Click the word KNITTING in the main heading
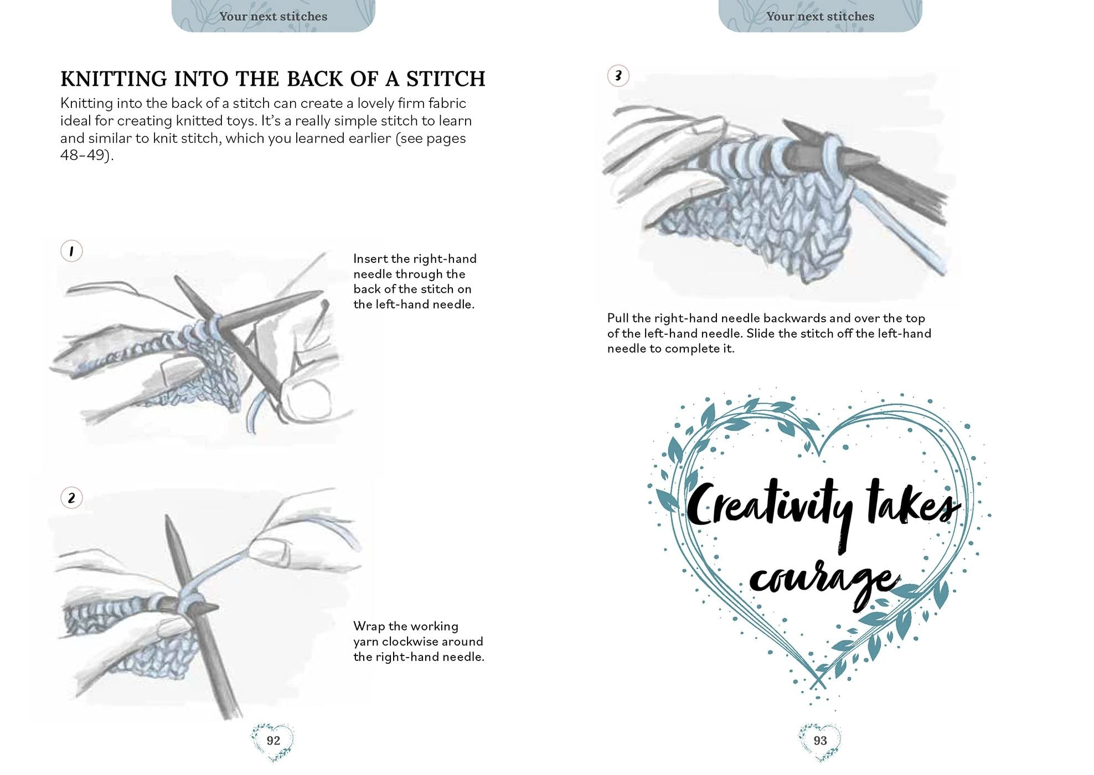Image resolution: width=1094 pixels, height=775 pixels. click(x=114, y=79)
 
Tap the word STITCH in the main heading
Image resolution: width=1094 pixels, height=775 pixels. click(x=446, y=79)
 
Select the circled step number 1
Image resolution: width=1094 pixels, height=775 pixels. click(x=71, y=251)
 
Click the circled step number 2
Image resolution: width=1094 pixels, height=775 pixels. click(x=71, y=498)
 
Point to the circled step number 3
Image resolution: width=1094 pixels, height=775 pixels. click(x=618, y=76)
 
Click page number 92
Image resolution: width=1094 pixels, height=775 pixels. click(x=273, y=741)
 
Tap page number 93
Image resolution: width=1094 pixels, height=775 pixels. click(x=820, y=741)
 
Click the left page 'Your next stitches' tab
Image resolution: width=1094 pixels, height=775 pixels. click(x=273, y=16)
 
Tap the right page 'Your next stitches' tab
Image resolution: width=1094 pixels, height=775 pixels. click(x=820, y=16)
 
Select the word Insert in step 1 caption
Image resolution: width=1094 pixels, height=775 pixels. click(x=370, y=259)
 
